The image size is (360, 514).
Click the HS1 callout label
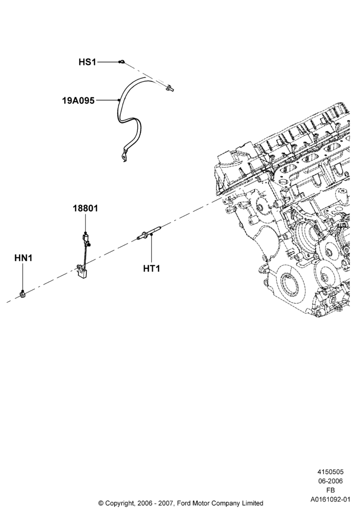coord(87,62)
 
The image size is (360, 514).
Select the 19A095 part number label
coord(78,100)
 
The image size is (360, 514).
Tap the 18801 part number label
coord(85,208)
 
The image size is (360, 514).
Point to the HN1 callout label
coord(23,258)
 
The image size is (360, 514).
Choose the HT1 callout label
coord(152,268)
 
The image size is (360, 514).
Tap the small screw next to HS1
coord(122,61)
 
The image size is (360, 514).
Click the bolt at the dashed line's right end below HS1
coord(170,87)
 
